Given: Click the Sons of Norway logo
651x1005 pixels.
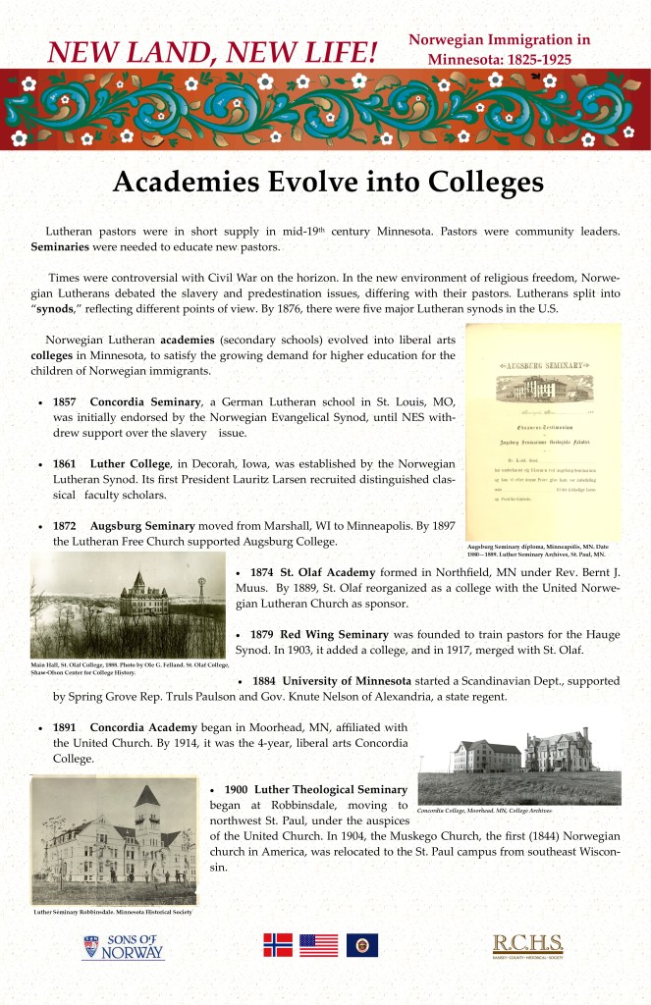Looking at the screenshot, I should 125,947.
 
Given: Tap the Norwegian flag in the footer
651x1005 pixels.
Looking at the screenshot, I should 278,945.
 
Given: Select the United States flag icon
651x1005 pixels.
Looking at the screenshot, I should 318,945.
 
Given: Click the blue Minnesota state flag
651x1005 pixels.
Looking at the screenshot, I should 361,945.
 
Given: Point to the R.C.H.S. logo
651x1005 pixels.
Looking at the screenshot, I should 527,946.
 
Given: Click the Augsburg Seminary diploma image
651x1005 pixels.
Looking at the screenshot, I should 543,433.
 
